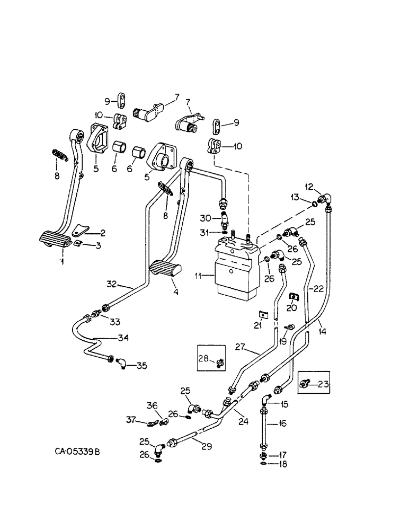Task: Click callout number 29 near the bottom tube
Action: pyautogui.click(x=206, y=446)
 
